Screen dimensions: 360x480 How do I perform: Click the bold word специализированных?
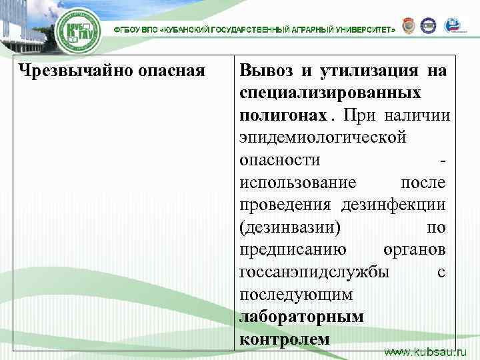pyautogui.click(x=329, y=93)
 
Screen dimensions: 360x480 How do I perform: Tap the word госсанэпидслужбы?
pyautogui.click(x=316, y=273)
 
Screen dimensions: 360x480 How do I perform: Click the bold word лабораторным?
pyautogui.click(x=301, y=317)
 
